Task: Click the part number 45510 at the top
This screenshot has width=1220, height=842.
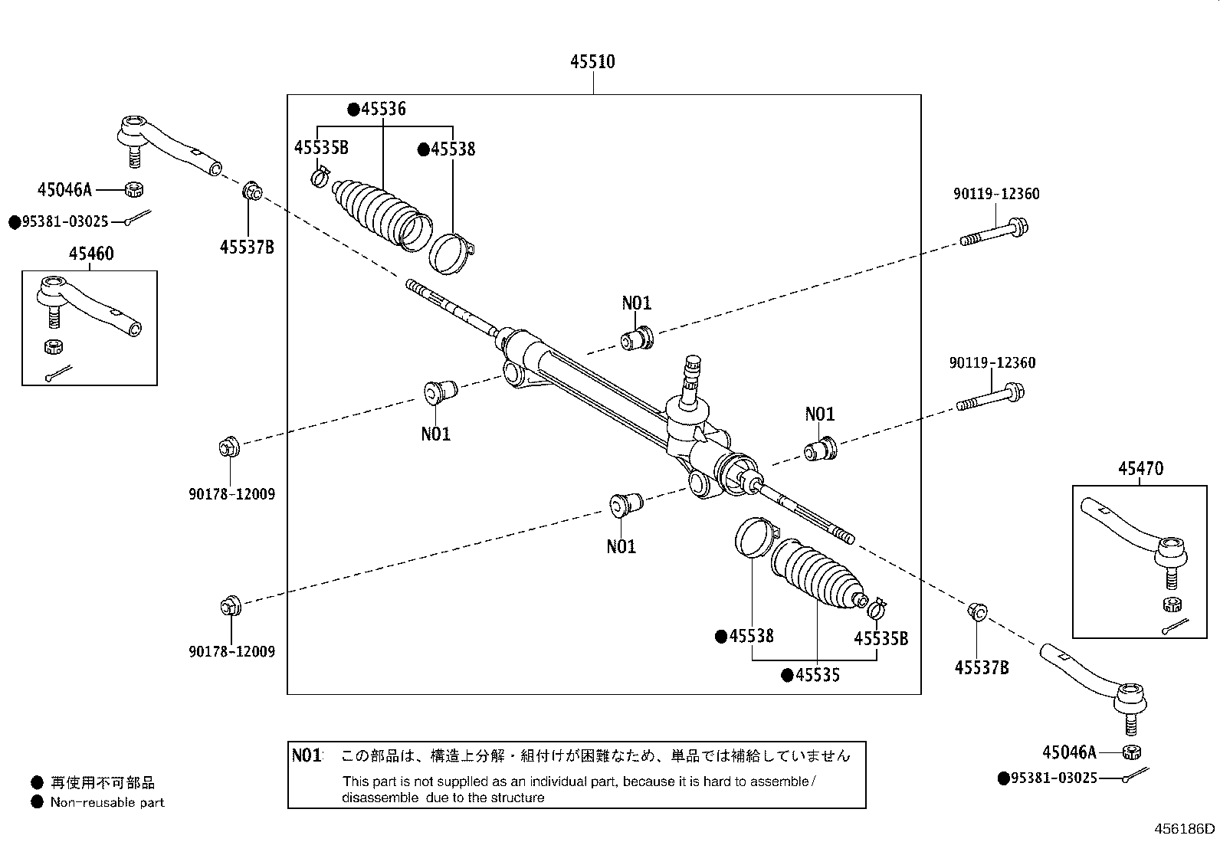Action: coord(592,61)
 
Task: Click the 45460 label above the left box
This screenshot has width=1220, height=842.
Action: coord(90,254)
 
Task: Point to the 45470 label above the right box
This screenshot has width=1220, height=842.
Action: coord(1140,468)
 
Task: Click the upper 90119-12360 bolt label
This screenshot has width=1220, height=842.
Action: coord(996,195)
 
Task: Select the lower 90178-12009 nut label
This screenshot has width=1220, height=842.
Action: coord(231,652)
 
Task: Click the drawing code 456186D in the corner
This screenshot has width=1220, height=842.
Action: coord(1185,828)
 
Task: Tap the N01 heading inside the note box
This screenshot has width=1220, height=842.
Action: coord(307,755)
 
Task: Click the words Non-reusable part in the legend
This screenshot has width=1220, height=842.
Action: coord(107,803)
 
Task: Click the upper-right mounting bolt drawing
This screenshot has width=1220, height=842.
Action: coord(994,232)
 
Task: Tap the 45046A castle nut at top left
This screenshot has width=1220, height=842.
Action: coord(132,188)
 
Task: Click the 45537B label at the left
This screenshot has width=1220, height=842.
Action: coord(246,247)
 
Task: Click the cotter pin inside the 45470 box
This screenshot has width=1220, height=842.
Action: coord(1174,626)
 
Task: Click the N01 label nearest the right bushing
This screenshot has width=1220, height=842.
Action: coord(819,414)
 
